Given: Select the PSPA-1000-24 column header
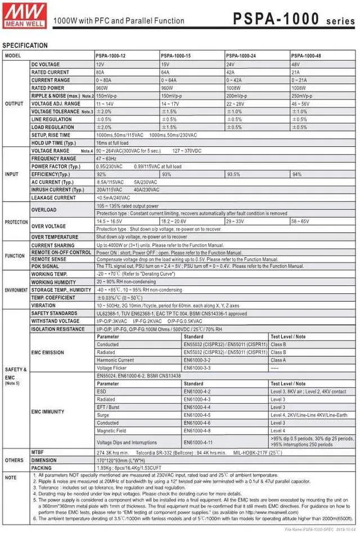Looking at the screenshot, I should point(242,56).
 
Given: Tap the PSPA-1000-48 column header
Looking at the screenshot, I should point(307,56).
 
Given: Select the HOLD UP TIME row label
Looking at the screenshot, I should point(54,143).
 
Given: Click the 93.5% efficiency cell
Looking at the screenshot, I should point(234,174).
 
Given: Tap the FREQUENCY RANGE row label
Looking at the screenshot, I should point(54,159).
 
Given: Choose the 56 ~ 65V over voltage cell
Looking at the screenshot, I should point(300,222).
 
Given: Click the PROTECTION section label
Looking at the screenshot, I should point(16,222).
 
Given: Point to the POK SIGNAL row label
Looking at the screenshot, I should point(45,266).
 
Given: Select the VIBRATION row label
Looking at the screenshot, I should point(43,305).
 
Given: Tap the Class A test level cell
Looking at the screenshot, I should point(278,360).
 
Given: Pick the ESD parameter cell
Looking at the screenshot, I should point(101,391).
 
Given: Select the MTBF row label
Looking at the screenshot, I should point(39,452).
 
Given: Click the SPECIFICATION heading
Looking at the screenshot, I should point(25,45).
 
